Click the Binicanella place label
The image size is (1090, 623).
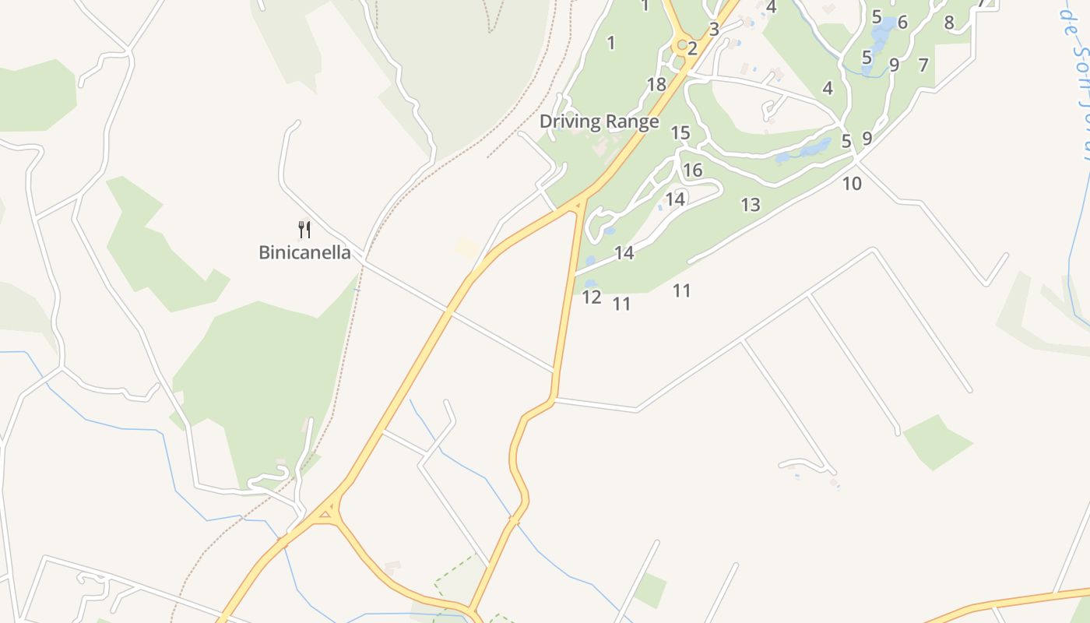(x=304, y=253)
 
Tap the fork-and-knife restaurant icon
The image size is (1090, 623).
(x=304, y=229)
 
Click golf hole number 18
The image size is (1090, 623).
(x=656, y=84)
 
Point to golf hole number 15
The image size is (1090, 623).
(x=680, y=133)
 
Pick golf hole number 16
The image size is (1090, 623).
(x=692, y=170)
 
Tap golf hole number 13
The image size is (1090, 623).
(x=750, y=205)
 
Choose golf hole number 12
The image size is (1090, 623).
(x=592, y=297)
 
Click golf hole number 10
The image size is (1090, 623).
(x=852, y=184)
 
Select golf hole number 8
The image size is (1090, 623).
(x=948, y=23)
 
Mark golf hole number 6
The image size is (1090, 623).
(x=902, y=23)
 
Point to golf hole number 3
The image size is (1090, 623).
(x=714, y=30)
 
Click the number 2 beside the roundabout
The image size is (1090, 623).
(x=692, y=48)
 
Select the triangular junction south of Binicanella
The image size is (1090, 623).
(x=328, y=512)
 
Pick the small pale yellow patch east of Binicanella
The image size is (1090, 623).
(x=467, y=248)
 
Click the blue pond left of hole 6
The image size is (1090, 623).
(x=883, y=36)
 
